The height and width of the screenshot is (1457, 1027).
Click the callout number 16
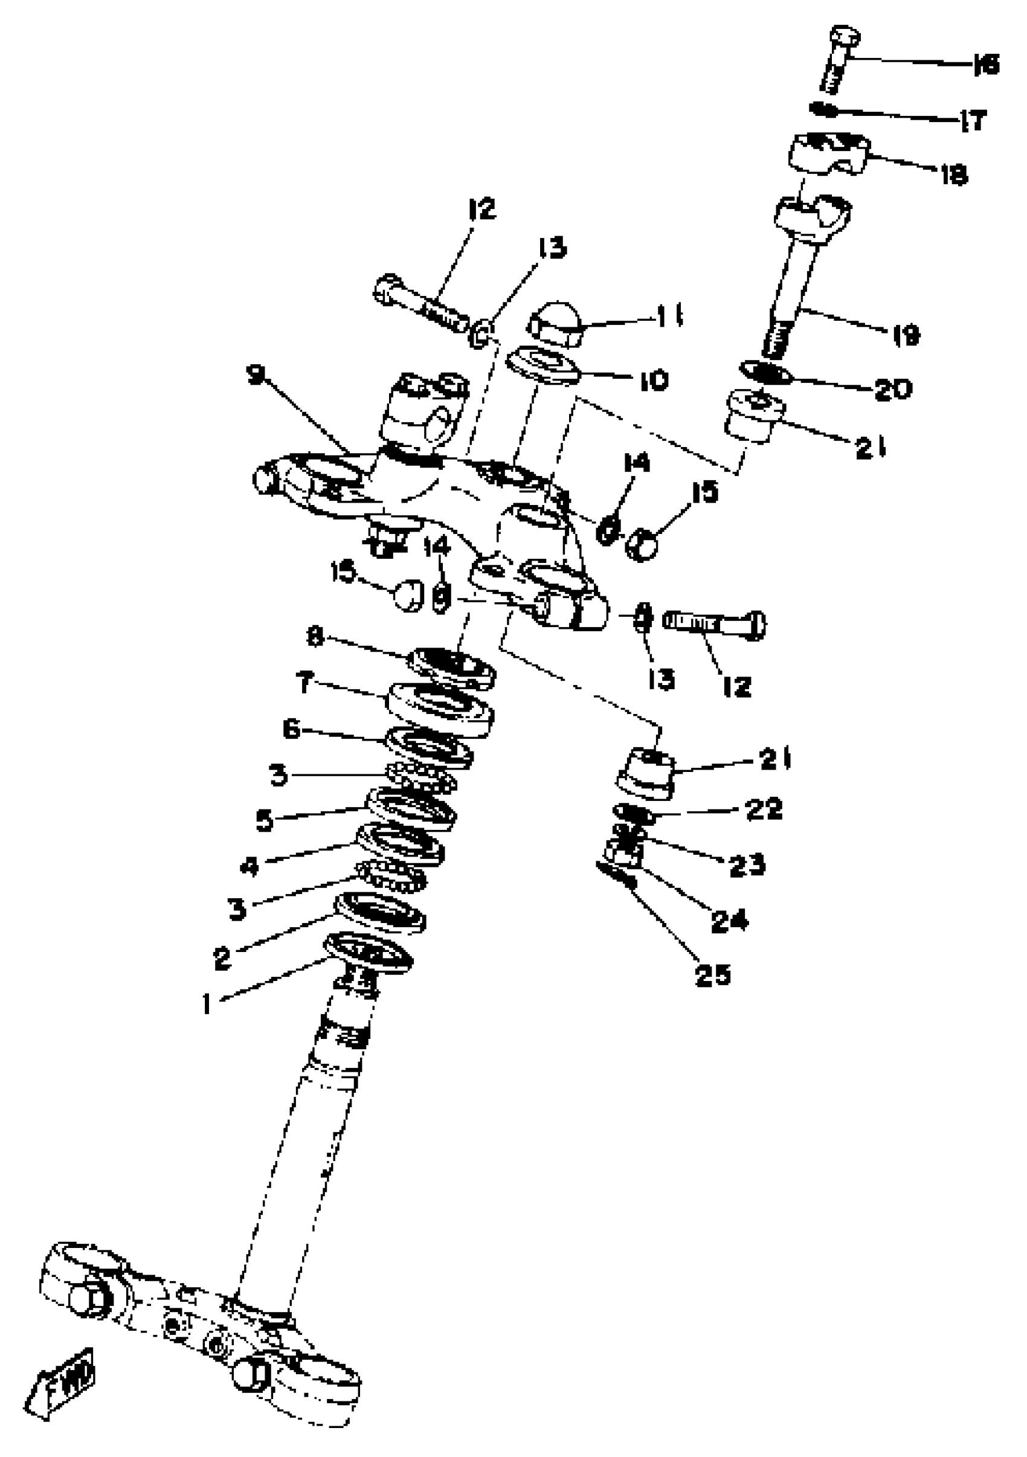[986, 65]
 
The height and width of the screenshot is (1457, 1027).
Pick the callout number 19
[906, 335]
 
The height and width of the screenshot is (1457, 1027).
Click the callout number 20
[892, 389]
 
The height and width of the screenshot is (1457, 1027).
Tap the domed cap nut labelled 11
[555, 324]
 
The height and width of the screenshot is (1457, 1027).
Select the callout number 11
[668, 315]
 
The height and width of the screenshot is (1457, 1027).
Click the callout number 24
[729, 920]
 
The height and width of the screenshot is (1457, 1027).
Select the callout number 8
[315, 635]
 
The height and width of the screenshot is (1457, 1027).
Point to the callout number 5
[265, 820]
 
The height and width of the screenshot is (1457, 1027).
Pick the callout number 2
[222, 957]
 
